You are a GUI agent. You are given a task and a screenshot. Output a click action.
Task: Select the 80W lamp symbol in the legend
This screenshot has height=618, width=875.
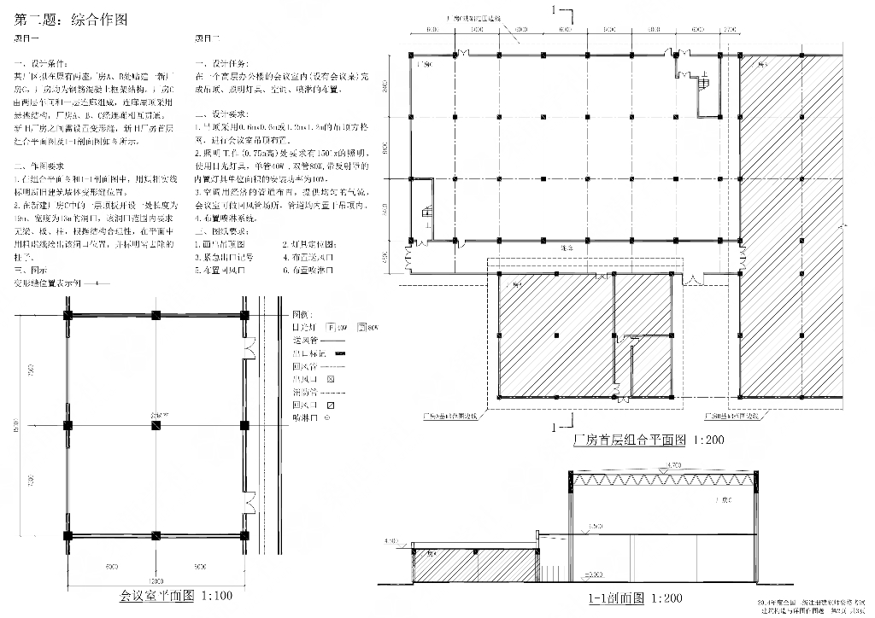tap(362, 327)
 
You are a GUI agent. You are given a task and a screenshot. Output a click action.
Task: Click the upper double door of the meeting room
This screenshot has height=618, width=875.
tap(250, 350)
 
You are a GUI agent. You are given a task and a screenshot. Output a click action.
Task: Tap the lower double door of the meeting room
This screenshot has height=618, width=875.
tap(250, 499)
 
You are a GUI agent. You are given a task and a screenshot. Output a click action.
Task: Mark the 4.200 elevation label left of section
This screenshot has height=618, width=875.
tap(393, 540)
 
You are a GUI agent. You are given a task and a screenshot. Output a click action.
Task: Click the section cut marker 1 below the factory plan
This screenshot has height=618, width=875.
tap(557, 424)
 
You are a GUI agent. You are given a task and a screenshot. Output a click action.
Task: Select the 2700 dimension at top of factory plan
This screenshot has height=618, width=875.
tap(729, 30)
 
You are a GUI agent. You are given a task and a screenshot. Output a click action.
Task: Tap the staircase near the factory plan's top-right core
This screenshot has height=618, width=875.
tap(704, 82)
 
